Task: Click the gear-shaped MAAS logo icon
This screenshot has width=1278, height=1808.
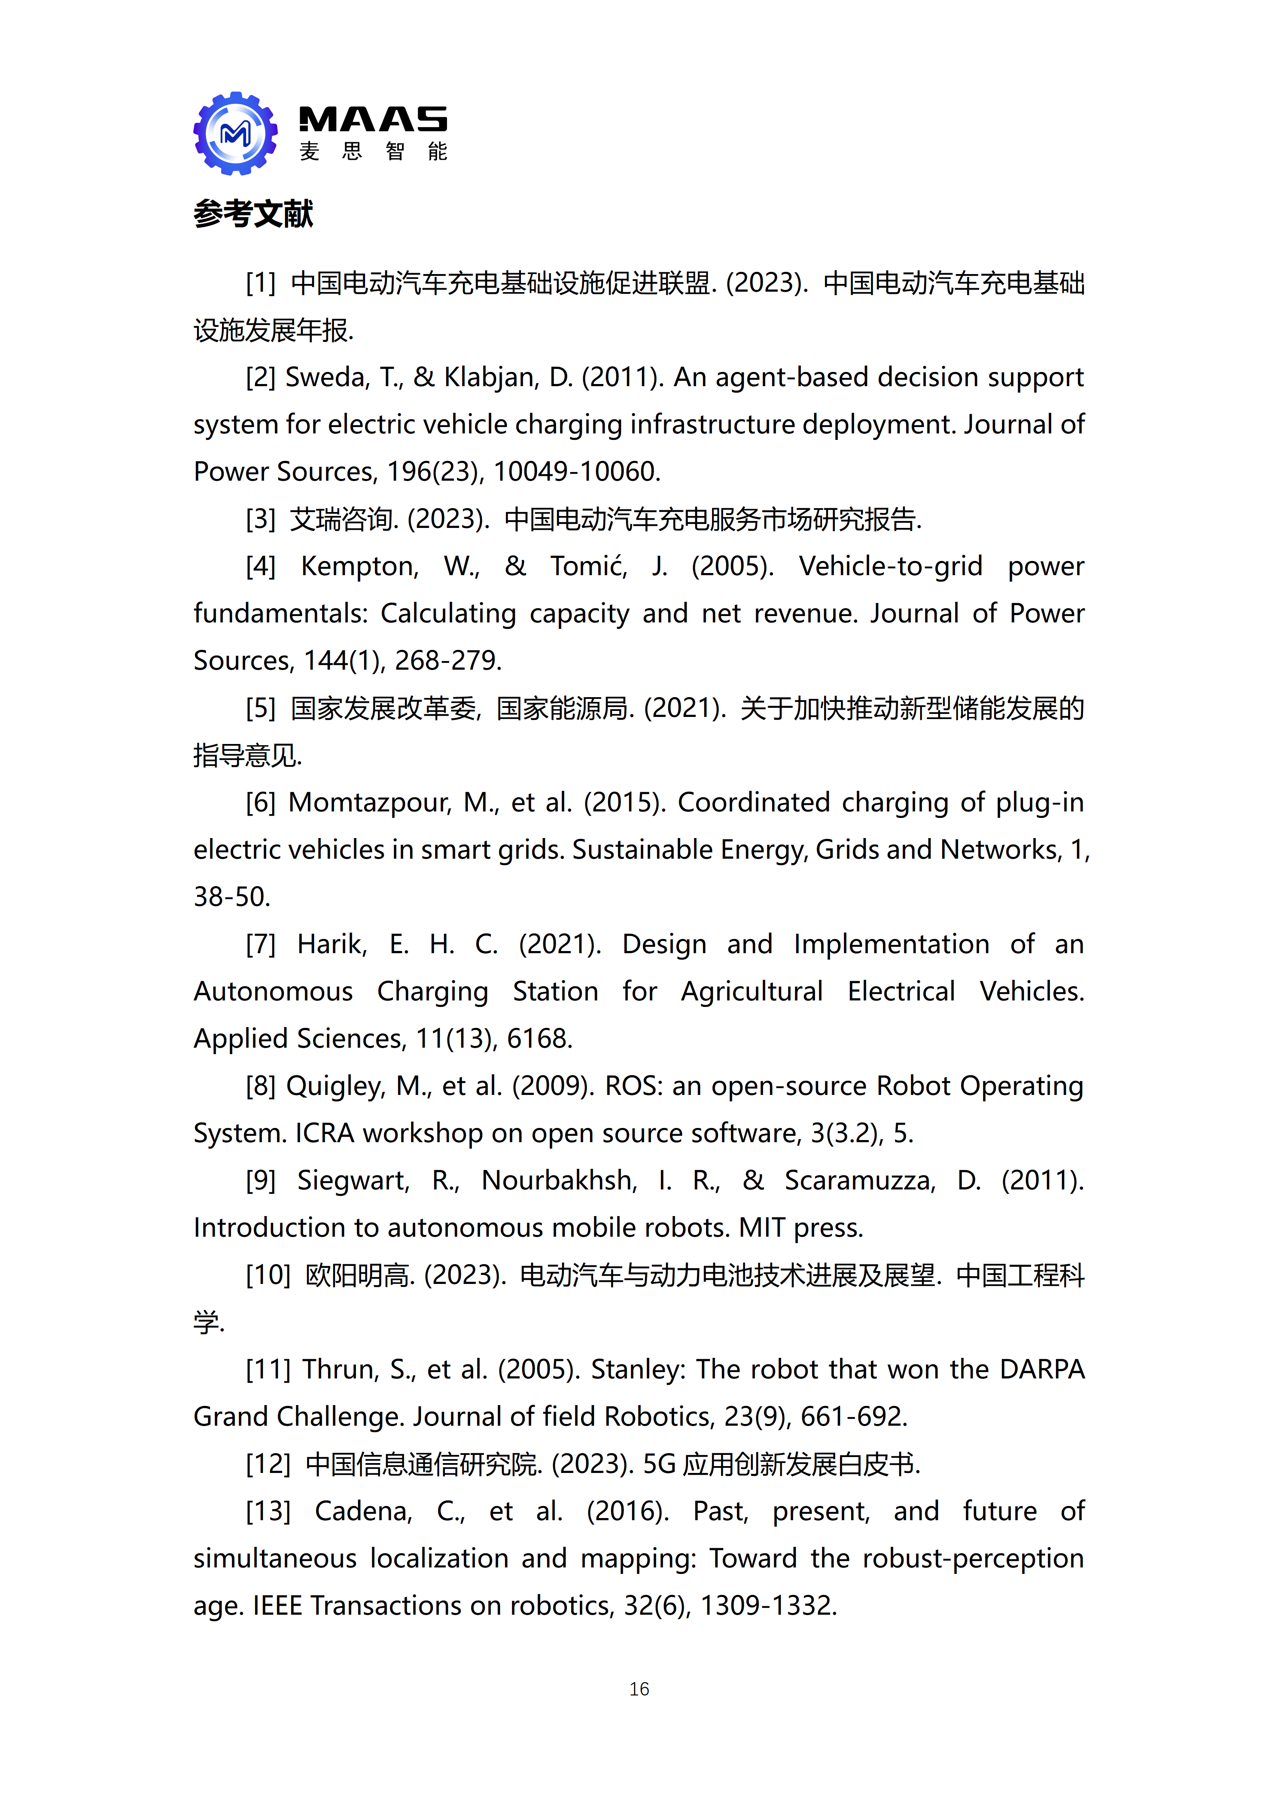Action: point(235,133)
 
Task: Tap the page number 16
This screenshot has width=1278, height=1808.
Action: point(639,1688)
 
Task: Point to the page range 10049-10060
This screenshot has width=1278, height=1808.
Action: point(575,472)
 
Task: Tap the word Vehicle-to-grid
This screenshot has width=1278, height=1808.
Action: point(890,566)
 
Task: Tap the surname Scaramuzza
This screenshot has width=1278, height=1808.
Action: point(859,1180)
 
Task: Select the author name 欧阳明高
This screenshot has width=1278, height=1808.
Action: point(359,1275)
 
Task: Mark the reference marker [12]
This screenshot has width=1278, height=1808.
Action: point(268,1464)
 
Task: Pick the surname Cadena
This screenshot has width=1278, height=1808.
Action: point(363,1511)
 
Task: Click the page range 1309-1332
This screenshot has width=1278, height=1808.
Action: point(768,1606)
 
